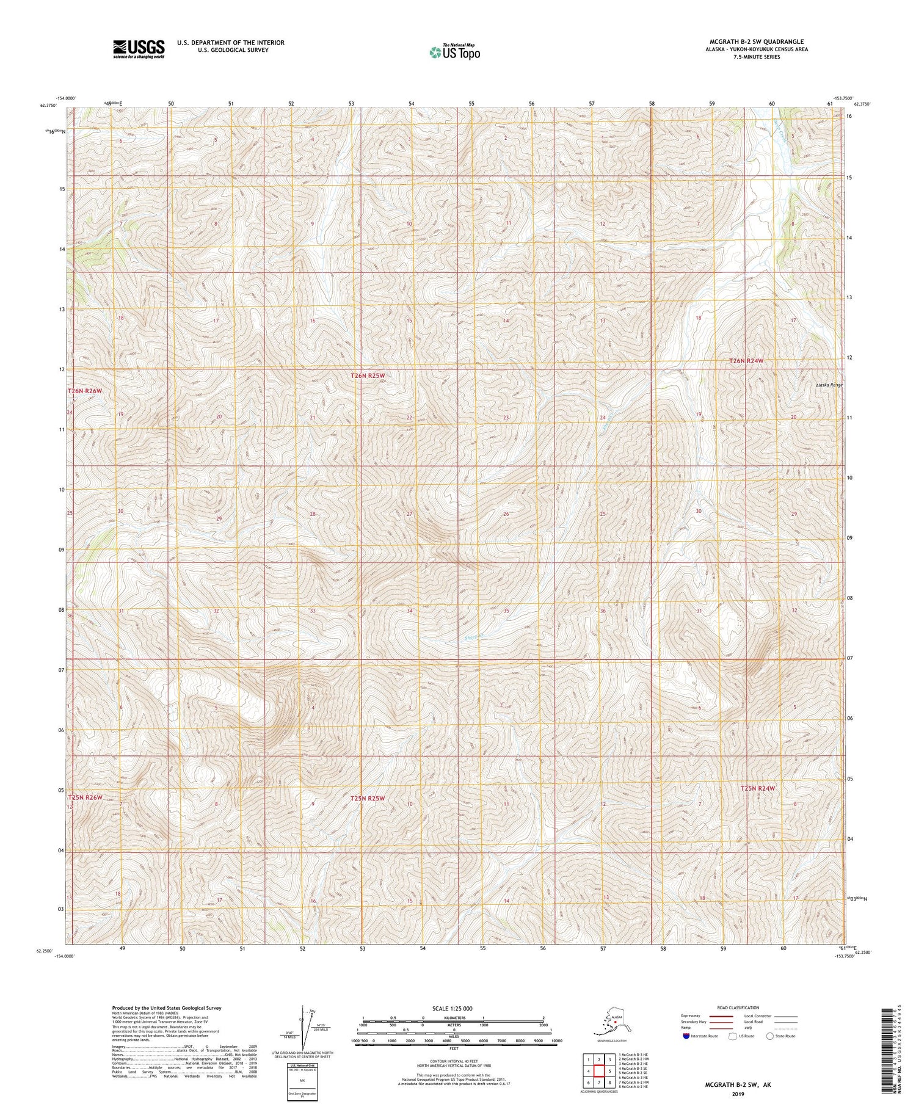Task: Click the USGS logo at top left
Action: (138, 49)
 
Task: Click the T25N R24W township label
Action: (757, 788)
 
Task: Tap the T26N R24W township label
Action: (746, 361)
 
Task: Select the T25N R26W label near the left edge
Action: (85, 797)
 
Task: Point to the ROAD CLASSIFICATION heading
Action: (738, 1007)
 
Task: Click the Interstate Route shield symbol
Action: (686, 1036)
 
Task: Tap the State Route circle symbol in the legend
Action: (769, 1036)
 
